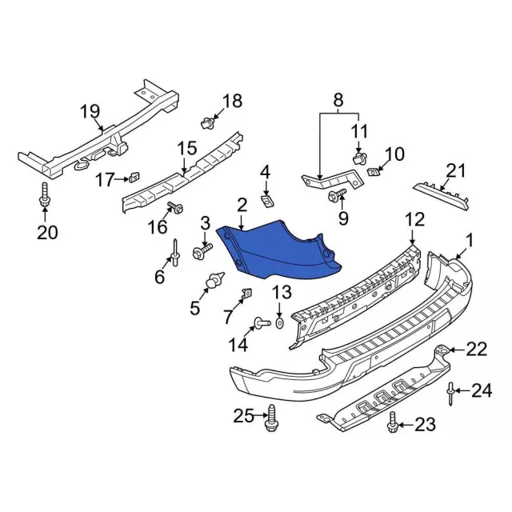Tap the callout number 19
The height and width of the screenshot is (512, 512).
pyautogui.click(x=90, y=113)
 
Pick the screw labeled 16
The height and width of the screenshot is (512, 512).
pyautogui.click(x=176, y=210)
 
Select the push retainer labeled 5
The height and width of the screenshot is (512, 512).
pyautogui.click(x=215, y=283)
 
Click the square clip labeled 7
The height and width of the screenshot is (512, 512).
pyautogui.click(x=245, y=293)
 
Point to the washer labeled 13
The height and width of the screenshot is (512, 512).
pyautogui.click(x=279, y=322)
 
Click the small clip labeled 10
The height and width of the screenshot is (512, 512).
pyautogui.click(x=372, y=170)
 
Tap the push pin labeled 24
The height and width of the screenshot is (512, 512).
pyautogui.click(x=452, y=391)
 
